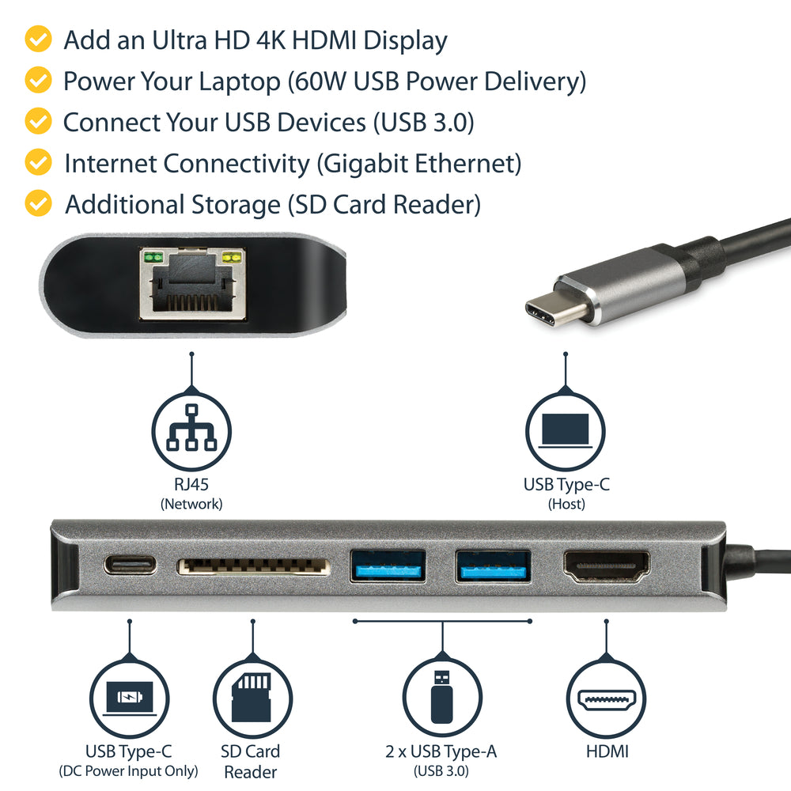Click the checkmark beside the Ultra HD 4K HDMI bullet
[x=38, y=39]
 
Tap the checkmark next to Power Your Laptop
[x=38, y=80]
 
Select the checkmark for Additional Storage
[x=38, y=203]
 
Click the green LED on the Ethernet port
[x=152, y=257]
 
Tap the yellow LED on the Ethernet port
[x=232, y=257]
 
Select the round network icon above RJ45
[x=191, y=433]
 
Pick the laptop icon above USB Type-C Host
[x=565, y=433]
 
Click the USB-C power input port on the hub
[x=130, y=566]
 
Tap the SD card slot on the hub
[x=253, y=566]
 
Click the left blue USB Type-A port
[x=388, y=566]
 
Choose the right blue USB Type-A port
[x=492, y=566]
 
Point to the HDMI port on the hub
[x=606, y=566]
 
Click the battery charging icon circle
[x=128, y=699]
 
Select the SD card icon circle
[x=253, y=699]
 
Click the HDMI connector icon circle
[x=606, y=699]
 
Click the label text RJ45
[x=191, y=485]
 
